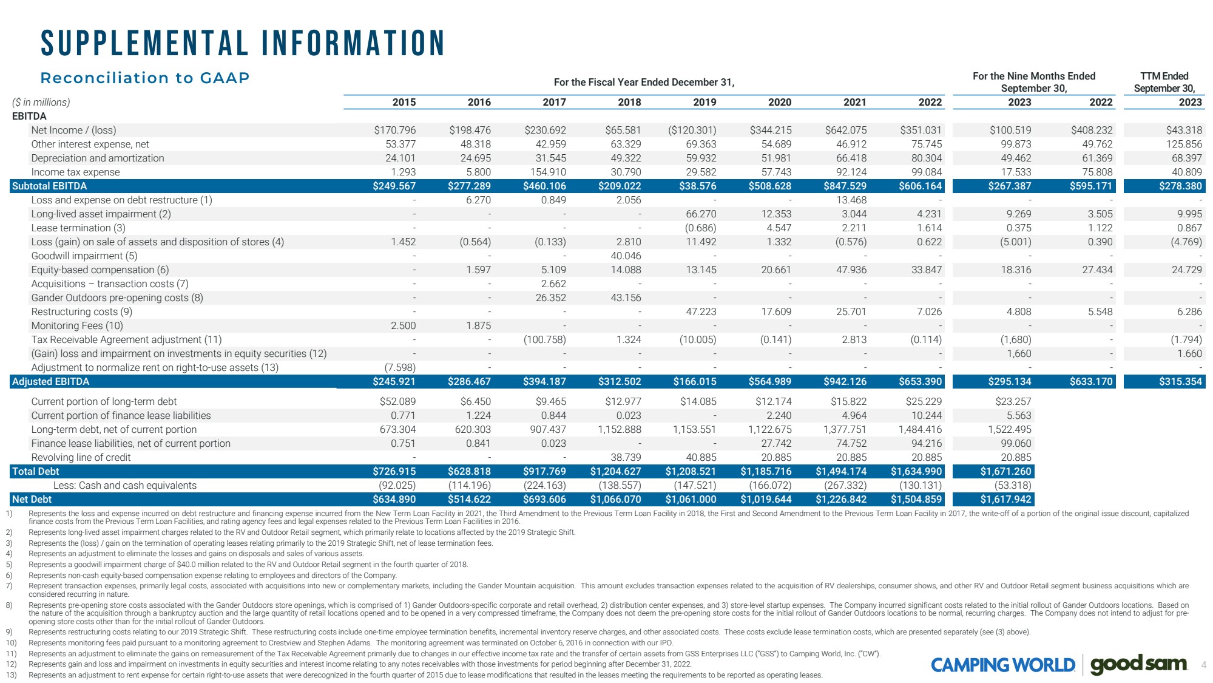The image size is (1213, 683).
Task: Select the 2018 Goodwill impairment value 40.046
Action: coord(626,256)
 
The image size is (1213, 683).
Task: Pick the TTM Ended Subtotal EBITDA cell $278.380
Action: coord(1180,186)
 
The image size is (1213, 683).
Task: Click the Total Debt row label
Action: coord(36,471)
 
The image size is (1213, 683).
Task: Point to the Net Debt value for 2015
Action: coord(394,499)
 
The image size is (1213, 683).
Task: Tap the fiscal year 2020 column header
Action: coord(779,102)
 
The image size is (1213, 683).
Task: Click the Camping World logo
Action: coord(1002,665)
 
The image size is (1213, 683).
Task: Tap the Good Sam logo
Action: coord(1138,664)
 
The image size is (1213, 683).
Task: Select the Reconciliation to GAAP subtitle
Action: coord(145,78)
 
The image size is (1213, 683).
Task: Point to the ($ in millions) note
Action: coord(41,102)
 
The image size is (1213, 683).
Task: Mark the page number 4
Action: coord(1203,665)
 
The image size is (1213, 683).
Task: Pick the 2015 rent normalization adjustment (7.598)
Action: coord(400,367)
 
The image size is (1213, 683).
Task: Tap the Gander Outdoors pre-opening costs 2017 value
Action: coord(550,297)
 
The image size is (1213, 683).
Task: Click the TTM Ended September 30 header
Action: coord(1164,82)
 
